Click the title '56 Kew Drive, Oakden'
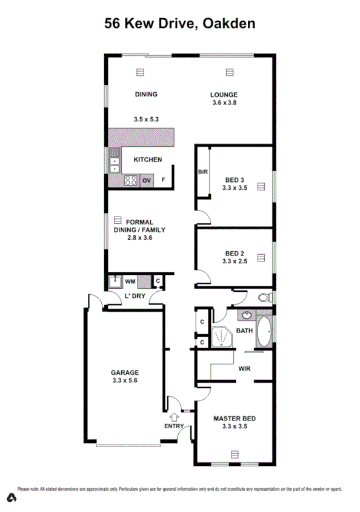tap(179, 23)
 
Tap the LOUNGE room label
tap(224, 95)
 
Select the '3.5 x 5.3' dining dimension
tap(146, 120)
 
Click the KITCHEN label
tap(147, 160)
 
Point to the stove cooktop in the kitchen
tap(130, 180)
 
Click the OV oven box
tap(146, 180)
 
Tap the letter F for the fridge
tap(162, 180)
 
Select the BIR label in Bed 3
tap(203, 172)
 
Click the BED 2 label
tap(235, 254)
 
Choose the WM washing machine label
tap(130, 281)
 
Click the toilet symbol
tap(264, 297)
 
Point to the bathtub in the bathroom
tap(264, 331)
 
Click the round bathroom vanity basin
tap(247, 315)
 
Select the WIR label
tap(245, 368)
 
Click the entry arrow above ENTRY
tap(175, 417)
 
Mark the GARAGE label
tap(124, 372)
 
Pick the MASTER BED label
tap(235, 419)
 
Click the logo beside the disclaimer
tap(10, 498)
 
